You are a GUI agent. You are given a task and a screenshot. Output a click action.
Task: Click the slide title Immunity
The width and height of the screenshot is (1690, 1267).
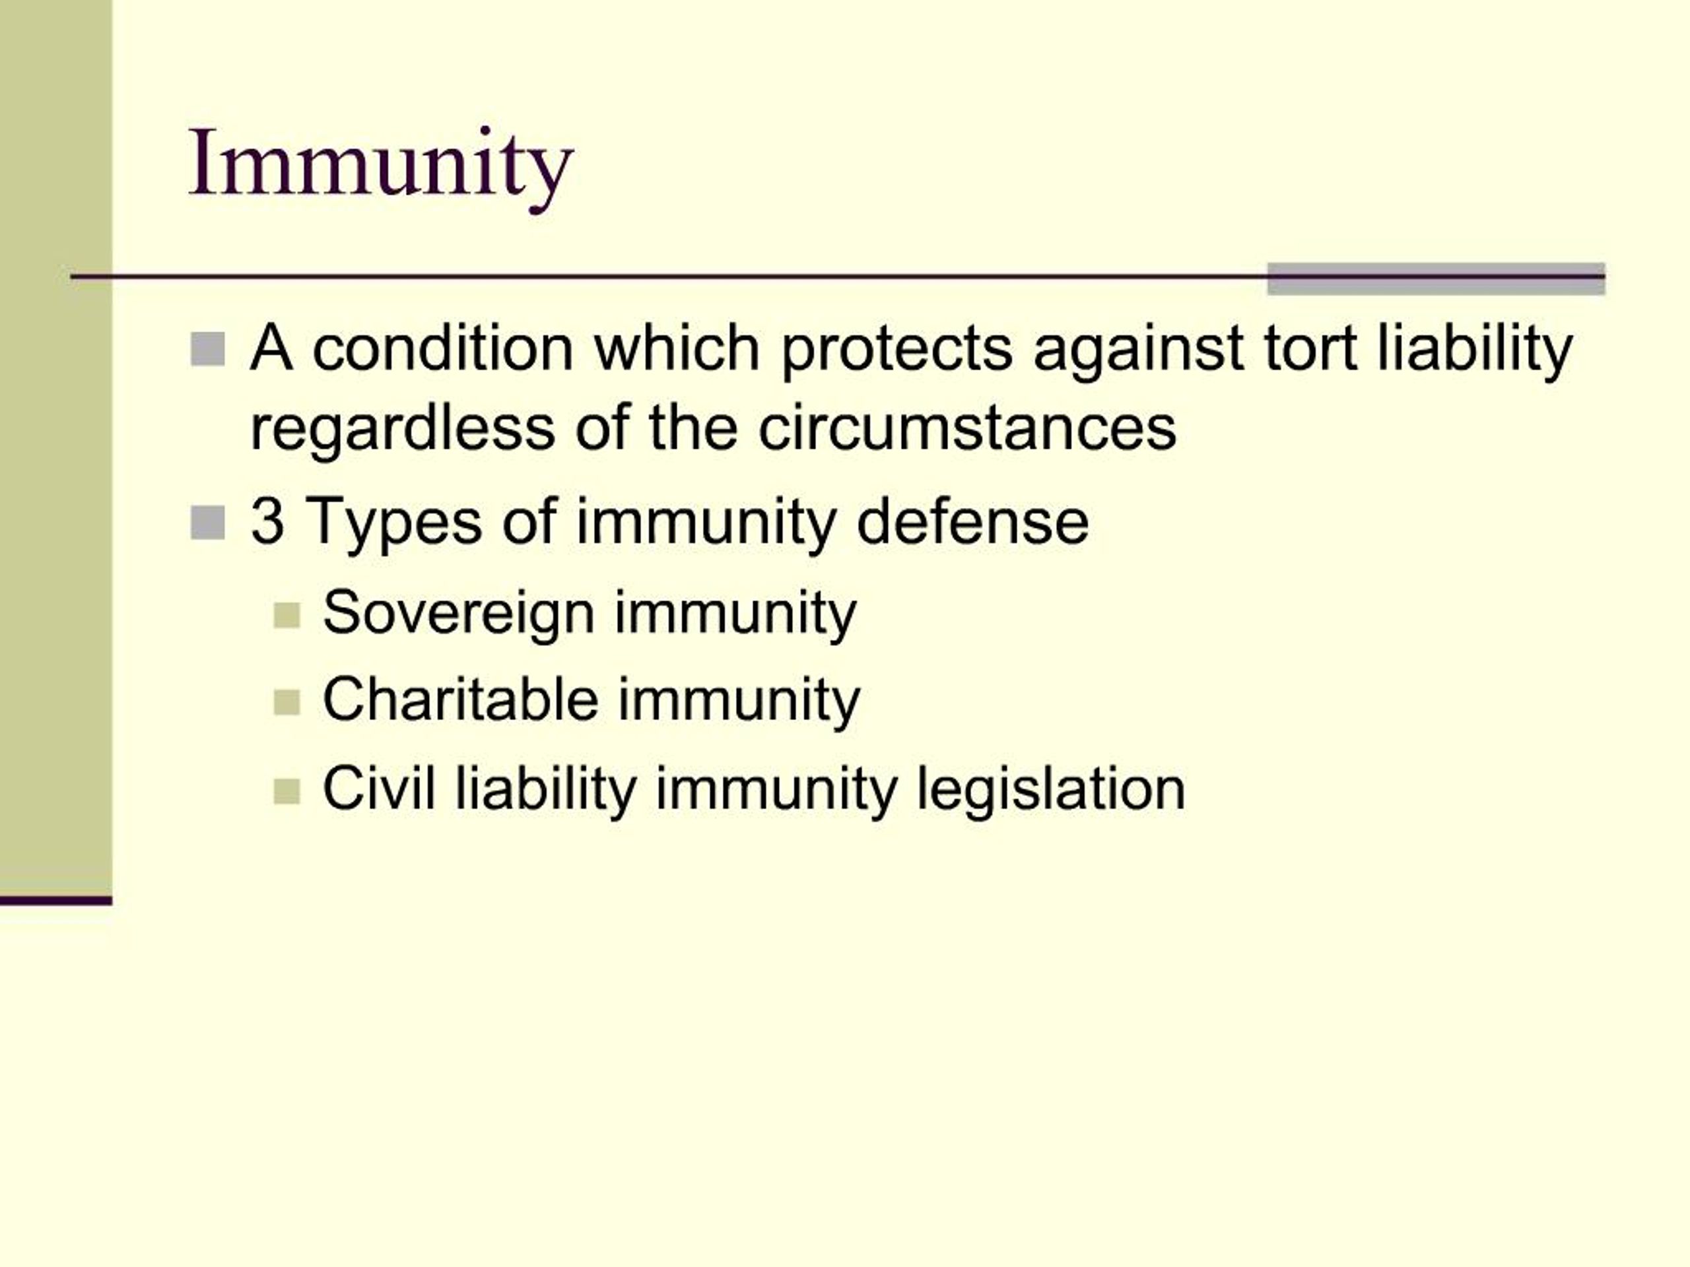pyautogui.click(x=380, y=164)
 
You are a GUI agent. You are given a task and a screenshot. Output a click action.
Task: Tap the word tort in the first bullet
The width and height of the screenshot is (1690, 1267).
pyautogui.click(x=1310, y=348)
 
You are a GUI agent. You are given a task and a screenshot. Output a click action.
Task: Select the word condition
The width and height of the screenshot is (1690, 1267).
pyautogui.click(x=443, y=348)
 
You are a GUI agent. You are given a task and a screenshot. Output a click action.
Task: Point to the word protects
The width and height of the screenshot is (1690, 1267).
pyautogui.click(x=896, y=350)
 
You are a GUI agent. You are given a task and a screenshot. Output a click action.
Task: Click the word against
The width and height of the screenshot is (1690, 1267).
pyautogui.click(x=1137, y=350)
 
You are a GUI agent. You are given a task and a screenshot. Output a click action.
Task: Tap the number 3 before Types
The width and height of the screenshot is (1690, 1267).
pyautogui.click(x=267, y=521)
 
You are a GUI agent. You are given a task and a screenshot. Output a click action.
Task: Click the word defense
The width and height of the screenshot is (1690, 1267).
pyautogui.click(x=972, y=521)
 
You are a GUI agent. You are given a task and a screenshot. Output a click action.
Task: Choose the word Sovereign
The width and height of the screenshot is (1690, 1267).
pyautogui.click(x=458, y=614)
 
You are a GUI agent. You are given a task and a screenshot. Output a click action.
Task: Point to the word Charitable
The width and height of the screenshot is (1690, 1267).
pyautogui.click(x=460, y=699)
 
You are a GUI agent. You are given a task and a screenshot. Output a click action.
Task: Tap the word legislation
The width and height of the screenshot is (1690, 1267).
pyautogui.click(x=1050, y=790)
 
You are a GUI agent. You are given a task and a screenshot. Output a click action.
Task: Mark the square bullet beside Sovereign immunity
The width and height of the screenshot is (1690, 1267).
pyautogui.click(x=287, y=616)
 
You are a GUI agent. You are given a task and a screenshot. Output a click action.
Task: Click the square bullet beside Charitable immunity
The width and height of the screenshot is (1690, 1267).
pyautogui.click(x=287, y=703)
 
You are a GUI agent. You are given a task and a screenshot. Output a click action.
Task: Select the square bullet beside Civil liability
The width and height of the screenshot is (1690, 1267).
pyautogui.click(x=287, y=791)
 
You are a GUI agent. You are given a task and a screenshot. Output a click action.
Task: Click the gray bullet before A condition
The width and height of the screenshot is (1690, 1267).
pyautogui.click(x=207, y=350)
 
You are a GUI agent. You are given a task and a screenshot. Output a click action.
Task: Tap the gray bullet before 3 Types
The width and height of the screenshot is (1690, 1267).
pyautogui.click(x=207, y=523)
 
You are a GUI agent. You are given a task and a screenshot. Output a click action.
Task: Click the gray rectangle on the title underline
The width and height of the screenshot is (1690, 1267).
pyautogui.click(x=1436, y=278)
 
